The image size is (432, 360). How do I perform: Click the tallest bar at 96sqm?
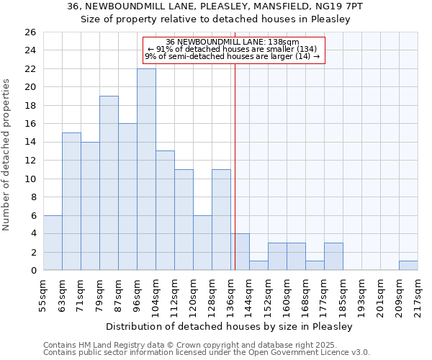[146, 169]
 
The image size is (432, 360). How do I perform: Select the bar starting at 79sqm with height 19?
[109, 183]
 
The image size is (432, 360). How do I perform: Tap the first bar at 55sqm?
[53, 243]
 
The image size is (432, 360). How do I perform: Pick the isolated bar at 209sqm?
[408, 266]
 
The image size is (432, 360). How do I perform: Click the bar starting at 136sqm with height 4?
[240, 252]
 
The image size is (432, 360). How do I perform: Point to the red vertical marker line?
[235, 166]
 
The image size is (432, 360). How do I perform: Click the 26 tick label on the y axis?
[30, 32]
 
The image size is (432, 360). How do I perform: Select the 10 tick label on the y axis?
[30, 179]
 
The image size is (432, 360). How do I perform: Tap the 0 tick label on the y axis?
[32, 271]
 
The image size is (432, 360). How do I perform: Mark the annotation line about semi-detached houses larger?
[233, 56]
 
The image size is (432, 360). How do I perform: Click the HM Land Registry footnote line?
[206, 345]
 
